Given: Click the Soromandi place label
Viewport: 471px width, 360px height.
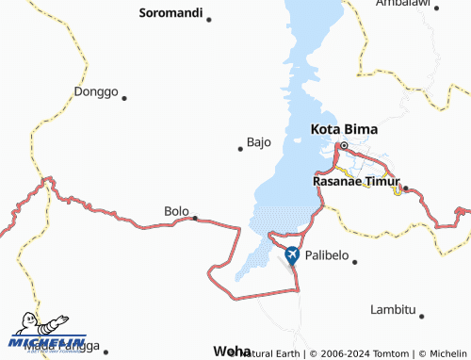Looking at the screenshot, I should [x=171, y=13].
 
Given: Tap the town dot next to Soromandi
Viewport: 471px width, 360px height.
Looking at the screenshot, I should [x=209, y=19].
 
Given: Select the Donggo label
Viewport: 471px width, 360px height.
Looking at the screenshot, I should [x=95, y=92].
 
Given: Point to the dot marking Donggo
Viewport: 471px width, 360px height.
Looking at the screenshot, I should [x=123, y=97].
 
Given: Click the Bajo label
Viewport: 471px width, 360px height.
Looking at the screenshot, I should [x=259, y=142].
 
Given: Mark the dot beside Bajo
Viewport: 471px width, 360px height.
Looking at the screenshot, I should [x=239, y=148].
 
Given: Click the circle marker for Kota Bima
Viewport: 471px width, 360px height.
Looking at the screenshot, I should [x=345, y=145].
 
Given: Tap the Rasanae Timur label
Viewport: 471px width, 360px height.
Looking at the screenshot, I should [x=356, y=181].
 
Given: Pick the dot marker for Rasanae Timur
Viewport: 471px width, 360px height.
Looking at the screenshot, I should [x=406, y=188].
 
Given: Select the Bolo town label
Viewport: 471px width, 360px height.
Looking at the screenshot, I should [x=176, y=211].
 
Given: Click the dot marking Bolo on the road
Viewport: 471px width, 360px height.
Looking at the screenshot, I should [x=195, y=218].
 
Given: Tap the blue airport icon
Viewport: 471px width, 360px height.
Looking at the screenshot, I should [x=292, y=254].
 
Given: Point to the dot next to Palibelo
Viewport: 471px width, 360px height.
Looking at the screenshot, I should [x=354, y=261].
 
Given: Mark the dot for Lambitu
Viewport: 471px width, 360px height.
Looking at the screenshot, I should [x=421, y=316].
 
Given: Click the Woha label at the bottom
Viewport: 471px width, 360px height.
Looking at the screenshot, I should [x=232, y=349].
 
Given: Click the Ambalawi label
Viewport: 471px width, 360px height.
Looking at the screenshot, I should [x=402, y=4].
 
